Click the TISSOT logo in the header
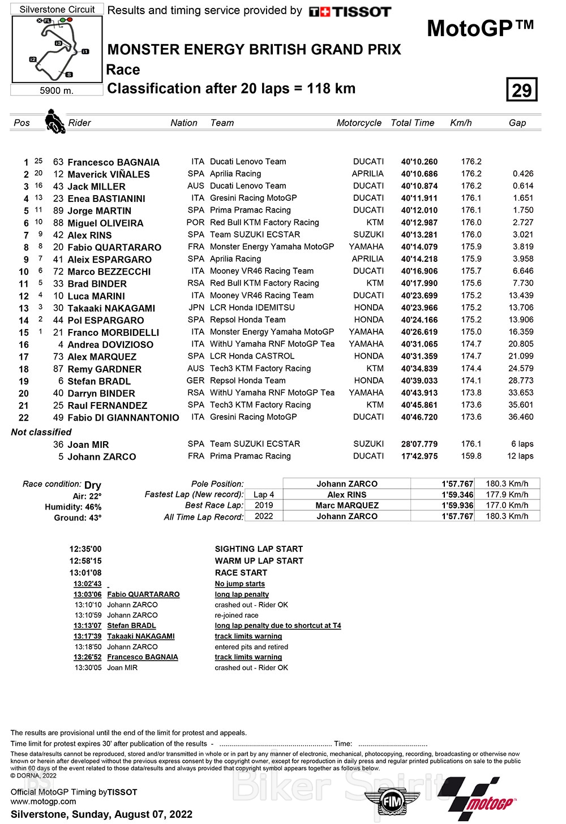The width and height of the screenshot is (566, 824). click(x=350, y=11)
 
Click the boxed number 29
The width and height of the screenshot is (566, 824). click(x=521, y=90)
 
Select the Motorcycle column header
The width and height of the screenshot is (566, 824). click(x=359, y=123)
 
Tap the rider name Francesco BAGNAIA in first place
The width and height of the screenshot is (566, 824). click(x=113, y=162)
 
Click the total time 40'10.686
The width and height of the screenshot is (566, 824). click(x=419, y=174)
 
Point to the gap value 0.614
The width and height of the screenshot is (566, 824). click(x=522, y=186)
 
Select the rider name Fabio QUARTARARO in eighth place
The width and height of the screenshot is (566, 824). click(x=114, y=248)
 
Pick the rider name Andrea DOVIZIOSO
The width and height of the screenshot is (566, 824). click(x=110, y=344)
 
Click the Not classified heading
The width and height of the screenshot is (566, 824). click(x=41, y=432)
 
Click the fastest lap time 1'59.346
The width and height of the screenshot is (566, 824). click(x=457, y=495)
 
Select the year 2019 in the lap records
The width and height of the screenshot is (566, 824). click(x=264, y=506)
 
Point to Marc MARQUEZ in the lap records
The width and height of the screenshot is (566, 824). click(x=347, y=506)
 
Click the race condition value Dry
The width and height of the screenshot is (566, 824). click(x=93, y=485)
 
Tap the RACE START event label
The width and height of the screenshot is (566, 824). click(x=241, y=573)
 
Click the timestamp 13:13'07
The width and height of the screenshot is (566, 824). click(x=88, y=625)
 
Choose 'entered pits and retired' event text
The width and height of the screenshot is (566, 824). click(x=251, y=647)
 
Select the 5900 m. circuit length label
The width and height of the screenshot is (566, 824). click(x=57, y=90)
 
